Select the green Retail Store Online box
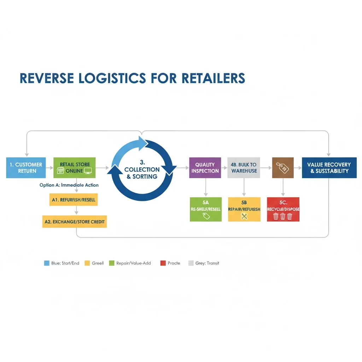(75, 168)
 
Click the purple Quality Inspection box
(205, 168)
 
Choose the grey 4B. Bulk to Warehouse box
(244, 168)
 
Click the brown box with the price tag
(283, 168)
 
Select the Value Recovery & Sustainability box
(329, 168)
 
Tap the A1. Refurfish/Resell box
(73, 200)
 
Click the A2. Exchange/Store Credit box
(75, 222)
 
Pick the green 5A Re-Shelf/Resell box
(206, 210)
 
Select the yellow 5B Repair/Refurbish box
(244, 210)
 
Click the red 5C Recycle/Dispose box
(283, 210)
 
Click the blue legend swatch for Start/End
(46, 263)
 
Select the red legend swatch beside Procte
(163, 263)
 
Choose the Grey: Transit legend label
(207, 263)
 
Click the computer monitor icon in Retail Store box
(88, 171)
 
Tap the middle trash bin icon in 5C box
(283, 216)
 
